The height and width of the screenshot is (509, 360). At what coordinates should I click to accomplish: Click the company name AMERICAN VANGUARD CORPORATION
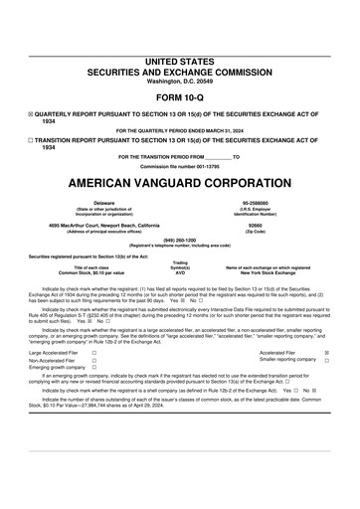179,184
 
